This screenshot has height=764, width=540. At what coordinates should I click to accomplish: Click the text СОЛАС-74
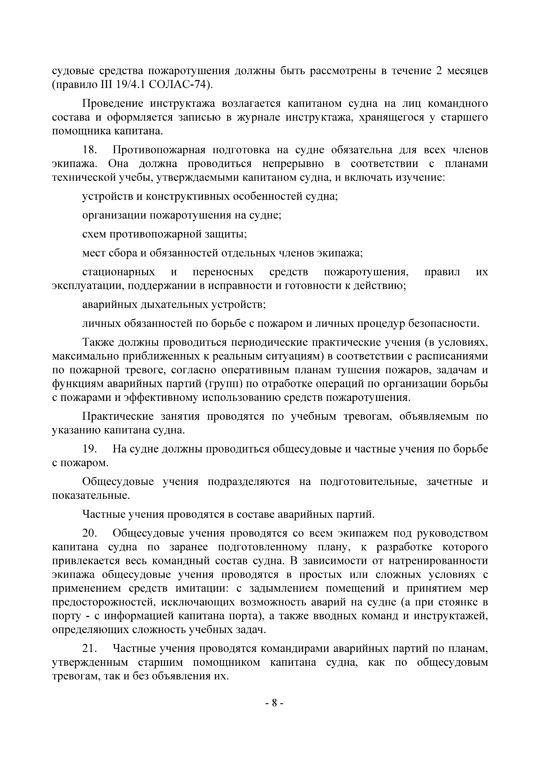tap(179, 85)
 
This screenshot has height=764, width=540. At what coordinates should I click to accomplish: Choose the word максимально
tap(85, 356)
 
